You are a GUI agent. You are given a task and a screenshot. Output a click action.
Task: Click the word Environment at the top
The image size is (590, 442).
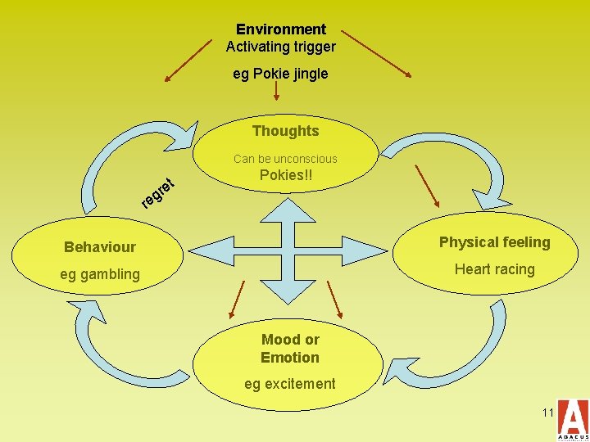pos(281,29)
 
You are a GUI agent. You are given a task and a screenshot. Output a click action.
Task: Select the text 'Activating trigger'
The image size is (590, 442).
pos(281,47)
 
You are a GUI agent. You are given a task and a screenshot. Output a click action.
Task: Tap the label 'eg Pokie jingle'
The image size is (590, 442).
pos(280,74)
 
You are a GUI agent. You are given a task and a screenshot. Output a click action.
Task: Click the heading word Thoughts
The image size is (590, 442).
pos(285,131)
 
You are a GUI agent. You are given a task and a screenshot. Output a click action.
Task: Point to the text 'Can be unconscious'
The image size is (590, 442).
pos(285,159)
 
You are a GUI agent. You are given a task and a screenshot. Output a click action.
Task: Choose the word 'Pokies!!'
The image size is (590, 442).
pos(285,176)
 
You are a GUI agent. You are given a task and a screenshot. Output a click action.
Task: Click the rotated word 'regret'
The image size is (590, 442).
pos(158,192)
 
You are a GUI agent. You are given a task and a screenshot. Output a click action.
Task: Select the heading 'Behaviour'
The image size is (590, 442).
pos(100,246)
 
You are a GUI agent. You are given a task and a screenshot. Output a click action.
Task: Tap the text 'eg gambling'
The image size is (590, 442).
pos(99,274)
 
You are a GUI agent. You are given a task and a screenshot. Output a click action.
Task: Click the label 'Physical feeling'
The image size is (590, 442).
pos(494,242)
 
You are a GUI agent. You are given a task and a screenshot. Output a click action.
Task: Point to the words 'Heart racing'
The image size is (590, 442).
pos(494,269)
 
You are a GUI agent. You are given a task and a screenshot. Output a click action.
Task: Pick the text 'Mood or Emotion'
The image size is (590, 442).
pos(290,349)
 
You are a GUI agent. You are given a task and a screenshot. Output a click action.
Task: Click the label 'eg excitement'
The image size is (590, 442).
pos(289,384)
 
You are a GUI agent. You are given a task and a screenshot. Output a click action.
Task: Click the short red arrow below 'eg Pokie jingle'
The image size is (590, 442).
pos(275,95)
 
